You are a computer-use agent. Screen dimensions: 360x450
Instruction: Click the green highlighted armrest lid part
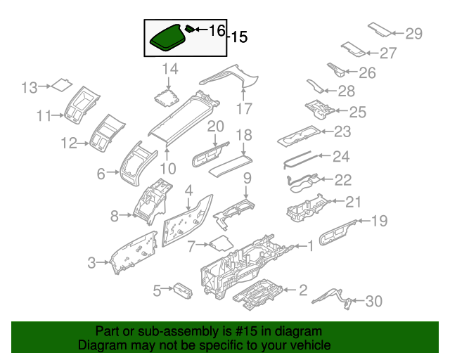167,38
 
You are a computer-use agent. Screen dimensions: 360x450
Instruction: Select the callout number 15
239,37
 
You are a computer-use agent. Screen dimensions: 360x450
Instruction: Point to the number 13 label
29,87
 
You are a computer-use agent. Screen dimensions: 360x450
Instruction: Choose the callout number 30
373,301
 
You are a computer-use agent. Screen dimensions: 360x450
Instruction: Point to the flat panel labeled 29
380,29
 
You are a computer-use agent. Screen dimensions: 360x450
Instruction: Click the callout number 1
309,245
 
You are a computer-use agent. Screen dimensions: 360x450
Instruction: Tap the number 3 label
91,263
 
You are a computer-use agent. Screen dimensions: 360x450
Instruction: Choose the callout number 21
352,202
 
